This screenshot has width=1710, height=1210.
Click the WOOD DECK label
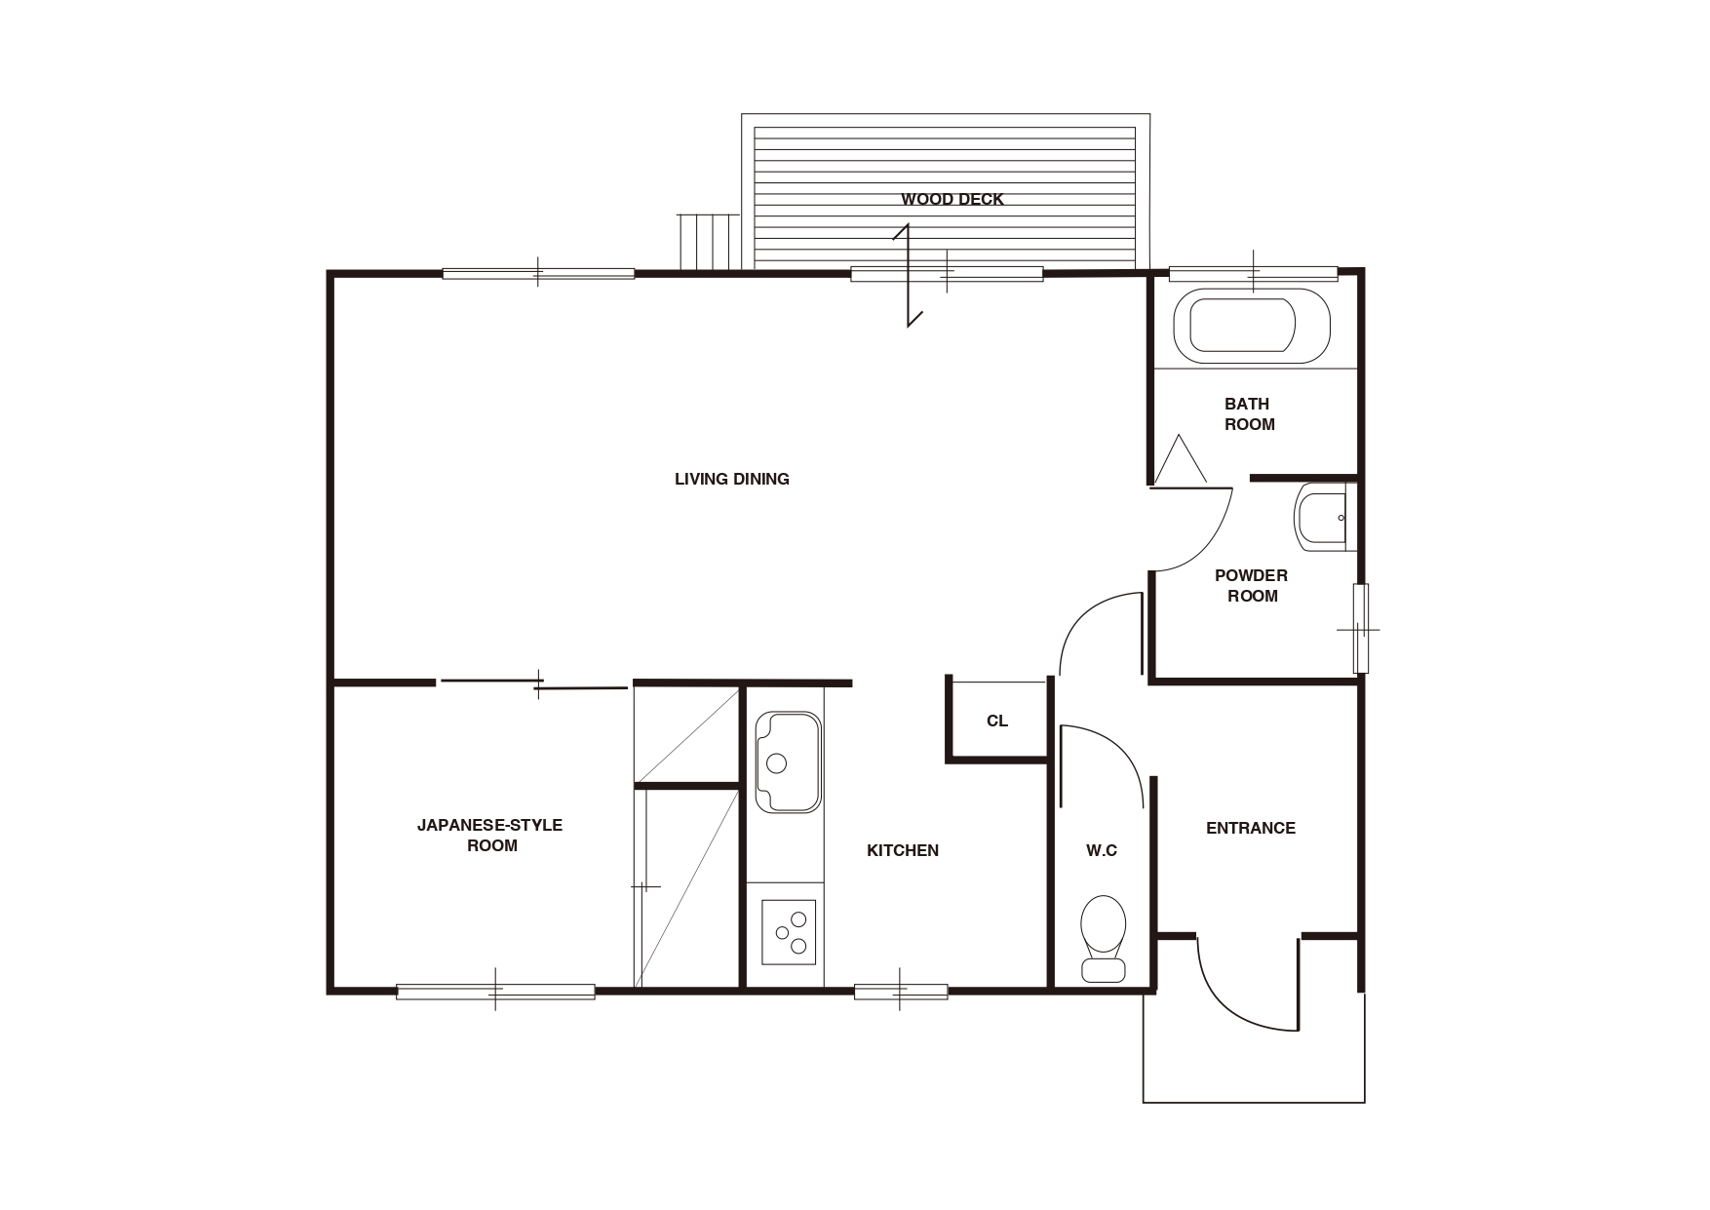pyautogui.click(x=952, y=199)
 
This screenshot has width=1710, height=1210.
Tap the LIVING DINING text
pyautogui.click(x=732, y=479)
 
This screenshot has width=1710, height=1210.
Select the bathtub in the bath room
pyautogui.click(x=1252, y=326)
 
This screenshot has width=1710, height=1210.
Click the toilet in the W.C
pyautogui.click(x=1104, y=938)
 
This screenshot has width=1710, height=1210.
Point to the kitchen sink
pyautogui.click(x=789, y=761)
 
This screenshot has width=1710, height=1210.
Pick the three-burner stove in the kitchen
pyautogui.click(x=789, y=931)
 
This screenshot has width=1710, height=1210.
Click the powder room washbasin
pyautogui.click(x=1321, y=517)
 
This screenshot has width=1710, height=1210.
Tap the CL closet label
pyautogui.click(x=997, y=721)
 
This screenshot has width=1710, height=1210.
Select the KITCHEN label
pyautogui.click(x=903, y=850)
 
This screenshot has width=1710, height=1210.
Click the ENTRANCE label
pyautogui.click(x=1251, y=828)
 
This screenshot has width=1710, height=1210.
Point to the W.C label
pyautogui.click(x=1102, y=850)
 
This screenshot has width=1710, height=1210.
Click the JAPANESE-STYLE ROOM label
pyautogui.click(x=490, y=835)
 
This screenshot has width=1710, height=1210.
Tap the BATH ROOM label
pyautogui.click(x=1249, y=413)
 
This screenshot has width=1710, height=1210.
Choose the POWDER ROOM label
pyautogui.click(x=1252, y=585)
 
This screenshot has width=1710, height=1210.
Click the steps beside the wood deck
pyautogui.click(x=709, y=241)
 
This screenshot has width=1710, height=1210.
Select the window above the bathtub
pyautogui.click(x=1253, y=273)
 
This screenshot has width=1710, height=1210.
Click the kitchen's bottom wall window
pyautogui.click(x=901, y=992)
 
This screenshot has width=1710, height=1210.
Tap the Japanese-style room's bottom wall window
pyautogui.click(x=495, y=992)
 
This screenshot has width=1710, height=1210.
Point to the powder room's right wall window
pyautogui.click(x=1361, y=629)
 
